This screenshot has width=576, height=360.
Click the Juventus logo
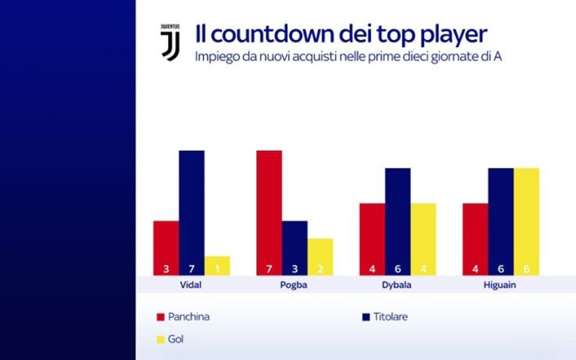[170, 42]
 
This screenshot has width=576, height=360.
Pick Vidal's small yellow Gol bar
[217, 265]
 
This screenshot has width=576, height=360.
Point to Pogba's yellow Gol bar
[320, 257]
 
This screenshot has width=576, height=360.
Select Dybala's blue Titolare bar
[397, 221]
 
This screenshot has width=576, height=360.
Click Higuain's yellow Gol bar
[526, 221]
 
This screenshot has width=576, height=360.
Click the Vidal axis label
[192, 285]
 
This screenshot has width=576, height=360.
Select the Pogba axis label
[294, 285]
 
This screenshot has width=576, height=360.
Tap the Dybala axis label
[397, 285]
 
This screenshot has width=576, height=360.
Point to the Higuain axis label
[500, 285]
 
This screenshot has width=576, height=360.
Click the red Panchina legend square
[160, 317]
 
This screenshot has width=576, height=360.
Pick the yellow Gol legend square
[160, 339]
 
